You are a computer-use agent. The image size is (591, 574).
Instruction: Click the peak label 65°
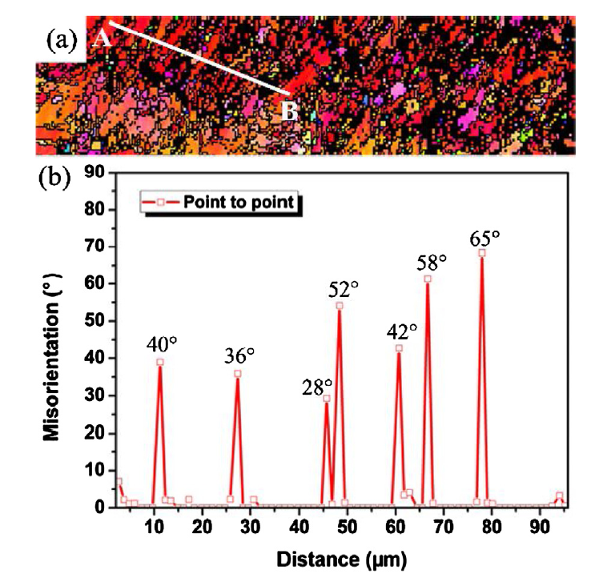(484, 238)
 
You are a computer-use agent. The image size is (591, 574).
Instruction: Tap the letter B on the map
(290, 111)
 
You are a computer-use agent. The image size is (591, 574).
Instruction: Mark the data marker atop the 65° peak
(482, 253)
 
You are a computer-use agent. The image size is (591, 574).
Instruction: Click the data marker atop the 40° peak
(160, 362)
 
